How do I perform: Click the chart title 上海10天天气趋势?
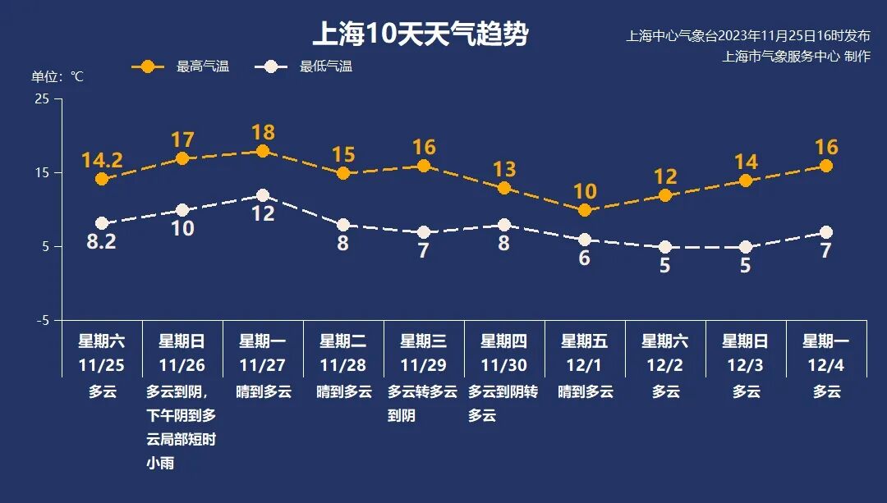pyautogui.click(x=420, y=34)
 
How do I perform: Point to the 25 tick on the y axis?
pyautogui.click(x=42, y=98)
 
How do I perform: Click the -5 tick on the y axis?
pyautogui.click(x=42, y=320)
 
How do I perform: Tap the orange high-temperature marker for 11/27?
pyautogui.click(x=263, y=151)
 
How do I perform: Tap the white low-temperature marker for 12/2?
pyautogui.click(x=665, y=247)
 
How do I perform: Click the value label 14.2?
pyautogui.click(x=102, y=160)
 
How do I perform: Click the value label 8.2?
pyautogui.click(x=102, y=242)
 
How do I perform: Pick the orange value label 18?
pyautogui.click(x=263, y=132)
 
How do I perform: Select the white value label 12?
pyautogui.click(x=263, y=214)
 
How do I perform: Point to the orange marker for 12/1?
pyautogui.click(x=585, y=210)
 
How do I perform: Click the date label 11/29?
pyautogui.click(x=424, y=365)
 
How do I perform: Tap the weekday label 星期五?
pyautogui.click(x=585, y=341)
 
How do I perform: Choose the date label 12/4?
pyautogui.click(x=826, y=365)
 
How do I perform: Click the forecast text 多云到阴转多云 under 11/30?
pyautogui.click(x=503, y=404)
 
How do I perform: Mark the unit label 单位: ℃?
pyautogui.click(x=57, y=76)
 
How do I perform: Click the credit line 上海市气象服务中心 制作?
pyautogui.click(x=795, y=57)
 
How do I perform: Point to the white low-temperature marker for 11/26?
pyautogui.click(x=182, y=210)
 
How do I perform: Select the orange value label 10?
pyautogui.click(x=585, y=191)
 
